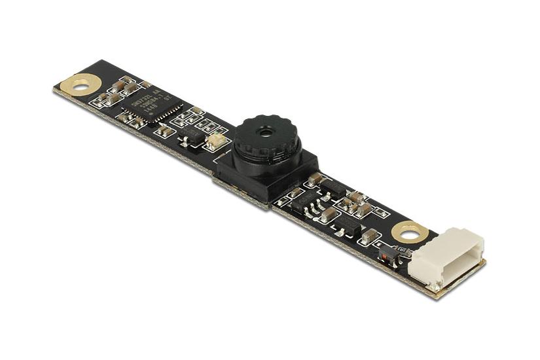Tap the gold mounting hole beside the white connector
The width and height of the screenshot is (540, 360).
pyautogui.click(x=410, y=232)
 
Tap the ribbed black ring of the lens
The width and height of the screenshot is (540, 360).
pyautogui.click(x=266, y=141)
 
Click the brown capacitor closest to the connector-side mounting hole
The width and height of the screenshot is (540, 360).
pyautogui.click(x=370, y=235)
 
